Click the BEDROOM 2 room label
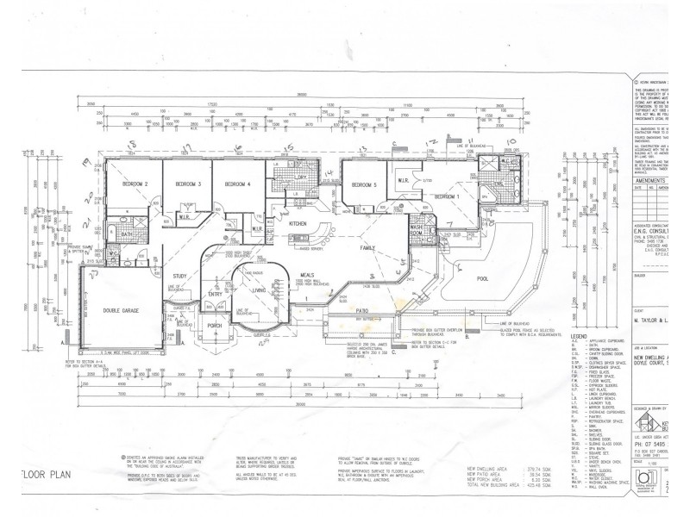coord(135,185)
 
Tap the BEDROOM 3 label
coord(188,185)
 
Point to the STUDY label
coord(179,276)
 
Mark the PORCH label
coord(216,325)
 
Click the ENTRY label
coord(216,294)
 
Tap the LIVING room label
coord(258,290)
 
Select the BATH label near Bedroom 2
coord(126,234)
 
